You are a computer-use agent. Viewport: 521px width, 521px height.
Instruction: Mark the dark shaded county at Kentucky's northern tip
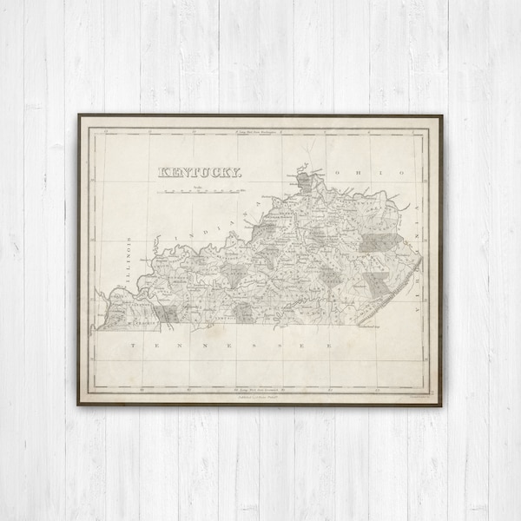point(302,181)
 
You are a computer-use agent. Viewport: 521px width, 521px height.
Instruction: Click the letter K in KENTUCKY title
point(162,172)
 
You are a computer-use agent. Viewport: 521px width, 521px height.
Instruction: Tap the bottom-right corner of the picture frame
point(442,405)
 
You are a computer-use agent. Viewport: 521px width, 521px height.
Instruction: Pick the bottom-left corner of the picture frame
point(76,405)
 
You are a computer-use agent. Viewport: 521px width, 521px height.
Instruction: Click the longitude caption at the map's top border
point(260,131)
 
